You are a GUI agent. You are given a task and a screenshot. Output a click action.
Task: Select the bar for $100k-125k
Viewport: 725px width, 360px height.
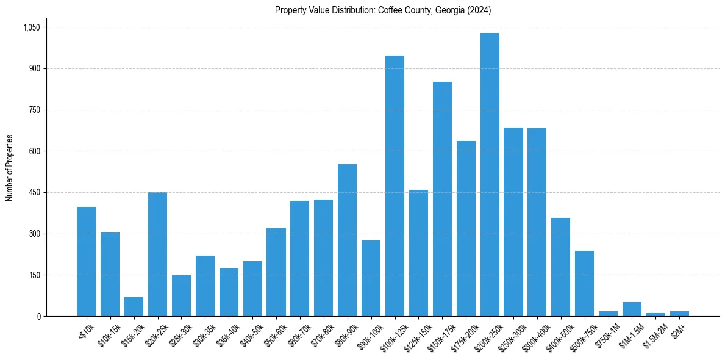click(395, 186)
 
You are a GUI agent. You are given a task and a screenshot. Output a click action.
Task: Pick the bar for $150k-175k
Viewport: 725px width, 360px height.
click(442, 199)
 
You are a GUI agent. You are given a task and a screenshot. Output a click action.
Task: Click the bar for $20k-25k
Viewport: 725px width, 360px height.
click(157, 254)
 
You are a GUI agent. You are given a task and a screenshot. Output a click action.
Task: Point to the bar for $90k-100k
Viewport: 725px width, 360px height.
click(371, 278)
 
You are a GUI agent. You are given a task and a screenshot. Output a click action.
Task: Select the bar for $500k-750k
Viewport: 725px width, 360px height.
click(584, 284)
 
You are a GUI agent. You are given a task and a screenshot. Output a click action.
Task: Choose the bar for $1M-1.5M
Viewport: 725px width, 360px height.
click(632, 309)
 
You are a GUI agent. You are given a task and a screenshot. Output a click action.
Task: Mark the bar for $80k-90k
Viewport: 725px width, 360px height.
click(347, 240)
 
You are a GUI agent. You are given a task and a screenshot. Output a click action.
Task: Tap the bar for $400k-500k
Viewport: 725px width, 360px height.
click(560, 267)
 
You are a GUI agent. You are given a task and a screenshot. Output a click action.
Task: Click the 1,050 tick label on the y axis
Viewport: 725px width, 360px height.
click(31, 27)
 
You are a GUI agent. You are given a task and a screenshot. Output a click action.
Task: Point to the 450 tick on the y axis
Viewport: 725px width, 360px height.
click(34, 193)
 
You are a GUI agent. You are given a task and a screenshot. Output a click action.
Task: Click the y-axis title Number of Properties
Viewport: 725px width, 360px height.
click(9, 168)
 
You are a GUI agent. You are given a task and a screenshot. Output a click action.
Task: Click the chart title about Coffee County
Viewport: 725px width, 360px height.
click(383, 10)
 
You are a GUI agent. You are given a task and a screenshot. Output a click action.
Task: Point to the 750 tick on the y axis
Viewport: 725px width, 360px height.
click(34, 110)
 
